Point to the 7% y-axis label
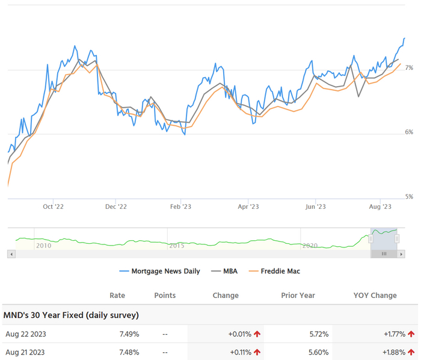click(409, 68)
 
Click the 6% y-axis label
click(409, 132)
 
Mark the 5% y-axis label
click(409, 197)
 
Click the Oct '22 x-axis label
click(53, 206)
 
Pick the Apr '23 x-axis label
click(248, 206)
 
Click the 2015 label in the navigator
click(177, 246)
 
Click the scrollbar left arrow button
click(11, 254)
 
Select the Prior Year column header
click(298, 295)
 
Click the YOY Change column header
click(375, 295)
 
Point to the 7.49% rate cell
click(129, 334)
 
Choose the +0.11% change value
click(240, 352)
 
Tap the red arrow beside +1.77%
click(411, 334)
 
